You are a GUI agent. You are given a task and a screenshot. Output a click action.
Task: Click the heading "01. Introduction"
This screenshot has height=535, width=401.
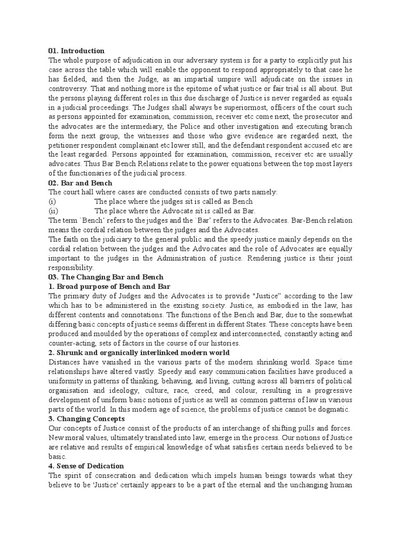(76, 51)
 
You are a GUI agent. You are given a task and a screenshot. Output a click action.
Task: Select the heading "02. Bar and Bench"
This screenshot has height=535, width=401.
(79, 183)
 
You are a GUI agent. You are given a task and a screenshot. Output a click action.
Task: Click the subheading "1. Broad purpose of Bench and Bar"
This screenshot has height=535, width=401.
(109, 286)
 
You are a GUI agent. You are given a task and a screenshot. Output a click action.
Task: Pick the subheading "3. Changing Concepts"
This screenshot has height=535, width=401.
(86, 418)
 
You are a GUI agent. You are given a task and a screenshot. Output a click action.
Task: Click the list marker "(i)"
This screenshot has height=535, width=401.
(52, 202)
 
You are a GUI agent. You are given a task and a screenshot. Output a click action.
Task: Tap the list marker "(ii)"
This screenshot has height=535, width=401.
(53, 211)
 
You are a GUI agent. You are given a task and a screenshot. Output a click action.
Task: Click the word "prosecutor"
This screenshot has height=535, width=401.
(317, 117)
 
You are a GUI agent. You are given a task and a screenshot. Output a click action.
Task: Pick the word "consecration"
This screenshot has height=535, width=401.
(118, 475)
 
